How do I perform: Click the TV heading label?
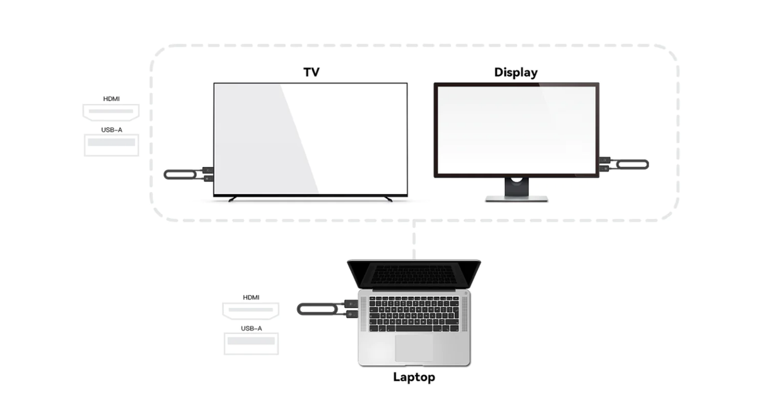(x=311, y=72)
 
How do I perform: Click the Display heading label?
(x=515, y=73)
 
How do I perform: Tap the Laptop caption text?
(x=414, y=377)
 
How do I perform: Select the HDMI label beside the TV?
(x=111, y=99)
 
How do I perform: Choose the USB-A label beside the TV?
(x=112, y=130)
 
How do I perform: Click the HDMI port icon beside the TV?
(x=111, y=112)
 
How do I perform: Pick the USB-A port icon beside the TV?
(x=111, y=145)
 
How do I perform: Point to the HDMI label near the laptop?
(x=251, y=297)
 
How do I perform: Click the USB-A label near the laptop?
(x=252, y=328)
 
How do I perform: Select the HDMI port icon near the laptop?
(x=250, y=311)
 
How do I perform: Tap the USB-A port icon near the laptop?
(x=252, y=344)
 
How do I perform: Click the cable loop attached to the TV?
(x=181, y=175)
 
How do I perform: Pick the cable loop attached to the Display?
(x=632, y=164)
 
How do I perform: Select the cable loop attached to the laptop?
(x=317, y=309)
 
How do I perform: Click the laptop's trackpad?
(x=414, y=348)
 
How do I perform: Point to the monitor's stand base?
(x=516, y=199)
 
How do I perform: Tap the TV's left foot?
(x=233, y=199)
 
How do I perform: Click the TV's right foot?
(x=389, y=199)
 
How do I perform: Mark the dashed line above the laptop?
(x=414, y=240)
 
